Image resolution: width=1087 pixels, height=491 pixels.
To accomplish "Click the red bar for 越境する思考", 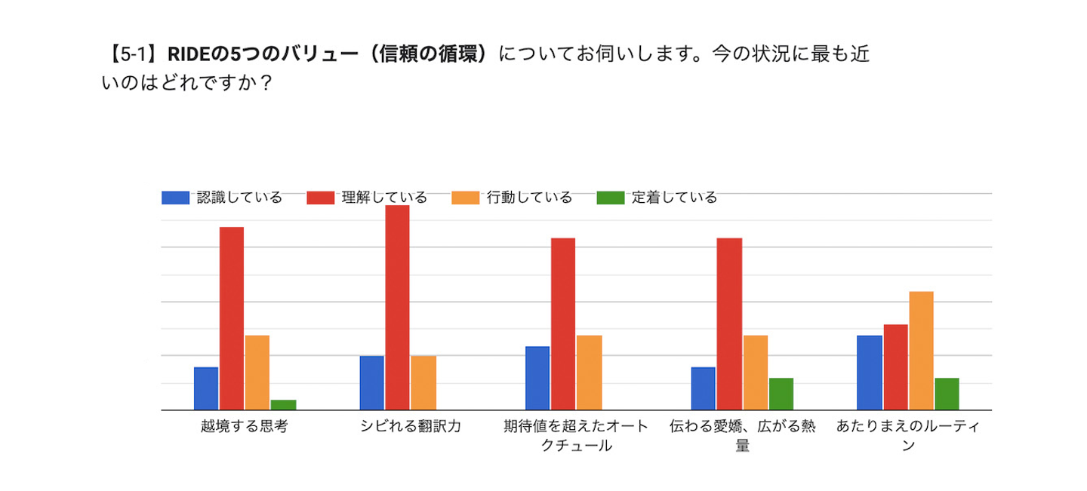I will (232, 318).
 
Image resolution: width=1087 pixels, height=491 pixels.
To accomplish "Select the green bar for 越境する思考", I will (283, 405).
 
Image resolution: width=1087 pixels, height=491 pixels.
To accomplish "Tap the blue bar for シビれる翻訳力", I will (371, 383).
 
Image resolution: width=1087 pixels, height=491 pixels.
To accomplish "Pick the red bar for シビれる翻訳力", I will (397, 308).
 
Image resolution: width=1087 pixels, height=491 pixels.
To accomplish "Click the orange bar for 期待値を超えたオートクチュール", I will (589, 373).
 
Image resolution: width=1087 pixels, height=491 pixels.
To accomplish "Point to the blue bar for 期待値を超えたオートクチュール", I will (537, 378).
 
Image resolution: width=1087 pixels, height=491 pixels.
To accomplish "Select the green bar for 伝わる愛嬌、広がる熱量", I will (781, 394).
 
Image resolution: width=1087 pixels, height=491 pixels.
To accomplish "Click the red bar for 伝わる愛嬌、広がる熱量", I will (729, 324).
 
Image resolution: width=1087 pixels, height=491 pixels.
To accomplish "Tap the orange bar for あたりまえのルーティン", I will (921, 351).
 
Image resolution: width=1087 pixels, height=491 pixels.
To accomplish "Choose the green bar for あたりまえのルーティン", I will (947, 394).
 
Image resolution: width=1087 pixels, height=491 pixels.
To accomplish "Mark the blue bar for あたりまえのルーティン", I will (870, 373).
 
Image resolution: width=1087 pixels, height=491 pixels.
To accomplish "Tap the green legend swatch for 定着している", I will (611, 198).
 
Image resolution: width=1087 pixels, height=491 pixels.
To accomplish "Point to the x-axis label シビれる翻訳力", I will (410, 427).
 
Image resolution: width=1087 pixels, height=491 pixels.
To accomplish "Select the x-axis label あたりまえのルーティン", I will (908, 435).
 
